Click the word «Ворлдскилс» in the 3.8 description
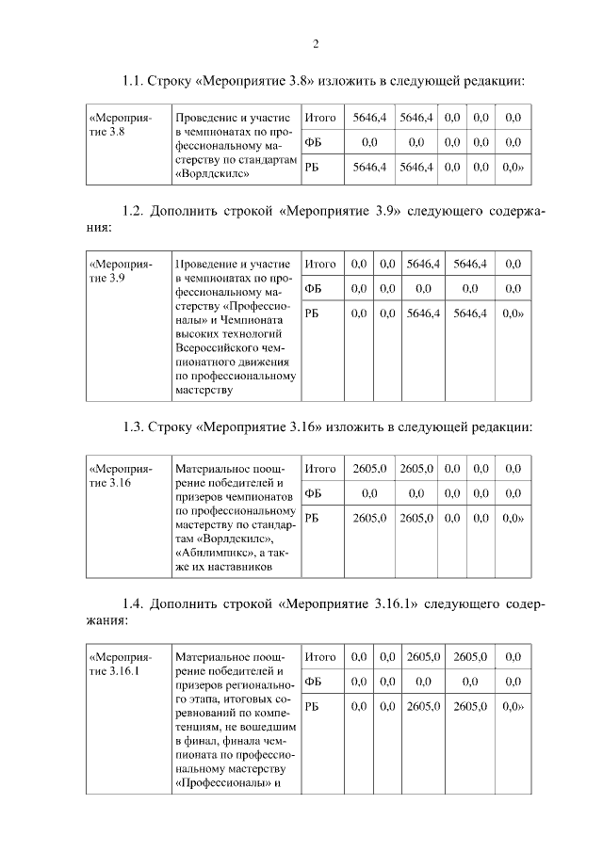coord(213,174)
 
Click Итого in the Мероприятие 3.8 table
coord(321,119)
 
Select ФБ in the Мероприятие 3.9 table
coord(314,289)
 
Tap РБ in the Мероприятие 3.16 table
coord(314,517)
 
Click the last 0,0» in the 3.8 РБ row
coord(513,167)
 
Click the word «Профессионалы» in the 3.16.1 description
coord(219,785)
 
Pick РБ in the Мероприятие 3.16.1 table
coord(314,705)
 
